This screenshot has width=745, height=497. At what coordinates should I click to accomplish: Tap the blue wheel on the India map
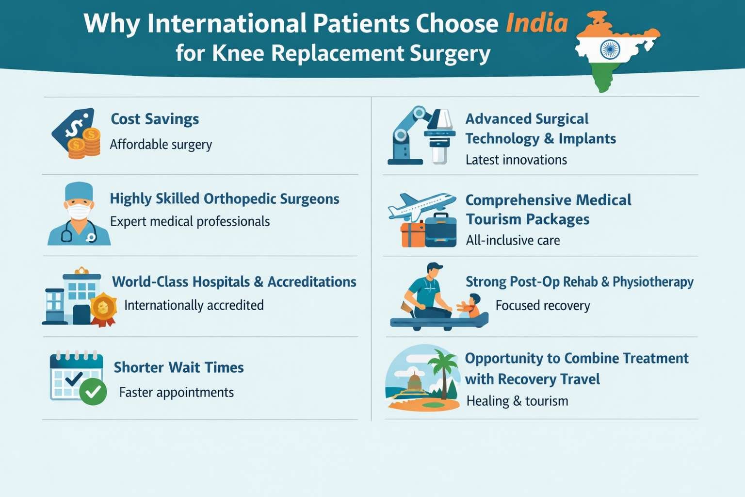[610, 50]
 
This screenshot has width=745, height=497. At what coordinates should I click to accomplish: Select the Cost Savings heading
[155, 119]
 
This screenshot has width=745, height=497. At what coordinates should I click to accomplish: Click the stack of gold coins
[85, 144]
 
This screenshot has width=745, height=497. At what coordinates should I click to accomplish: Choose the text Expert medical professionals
[190, 221]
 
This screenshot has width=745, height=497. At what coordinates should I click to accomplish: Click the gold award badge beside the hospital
[103, 308]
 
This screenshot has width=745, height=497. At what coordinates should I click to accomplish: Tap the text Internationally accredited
[194, 305]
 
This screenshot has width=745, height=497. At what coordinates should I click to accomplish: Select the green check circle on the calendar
[93, 391]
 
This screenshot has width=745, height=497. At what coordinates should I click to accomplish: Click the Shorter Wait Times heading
[178, 367]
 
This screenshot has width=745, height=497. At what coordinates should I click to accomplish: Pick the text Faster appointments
[177, 392]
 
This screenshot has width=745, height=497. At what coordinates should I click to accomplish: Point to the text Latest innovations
[516, 160]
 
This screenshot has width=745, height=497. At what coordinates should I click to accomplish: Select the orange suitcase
[412, 234]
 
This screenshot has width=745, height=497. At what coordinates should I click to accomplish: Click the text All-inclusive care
[513, 240]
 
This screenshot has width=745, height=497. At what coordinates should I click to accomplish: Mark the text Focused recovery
[543, 306]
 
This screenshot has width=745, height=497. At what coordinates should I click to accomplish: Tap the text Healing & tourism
[517, 401]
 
